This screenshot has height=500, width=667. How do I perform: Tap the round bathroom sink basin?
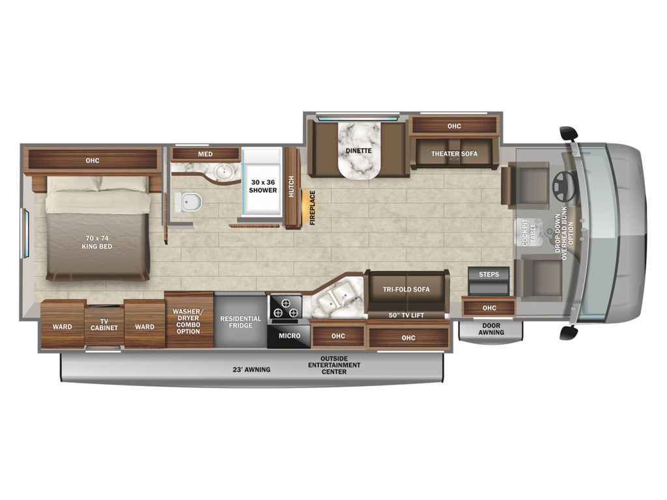[223, 172]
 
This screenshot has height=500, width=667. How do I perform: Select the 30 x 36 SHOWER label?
[263, 186]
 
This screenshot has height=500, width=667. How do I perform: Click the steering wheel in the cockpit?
[564, 187]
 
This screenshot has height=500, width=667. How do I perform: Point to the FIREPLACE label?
[313, 208]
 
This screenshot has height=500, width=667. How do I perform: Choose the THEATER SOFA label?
[454, 154]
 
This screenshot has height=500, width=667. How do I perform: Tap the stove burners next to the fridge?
[286, 308]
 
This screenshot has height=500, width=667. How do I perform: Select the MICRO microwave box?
[289, 336]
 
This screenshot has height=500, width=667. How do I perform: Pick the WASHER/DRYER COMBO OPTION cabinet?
[189, 320]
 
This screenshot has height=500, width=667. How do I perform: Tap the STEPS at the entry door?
[489, 281]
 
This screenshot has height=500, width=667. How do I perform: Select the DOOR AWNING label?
[491, 329]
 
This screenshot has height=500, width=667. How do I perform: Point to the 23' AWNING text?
[251, 370]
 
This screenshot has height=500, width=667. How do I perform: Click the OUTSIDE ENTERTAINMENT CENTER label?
[334, 365]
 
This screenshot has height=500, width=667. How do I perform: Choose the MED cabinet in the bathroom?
[205, 154]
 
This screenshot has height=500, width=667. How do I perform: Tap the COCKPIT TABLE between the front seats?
[528, 232]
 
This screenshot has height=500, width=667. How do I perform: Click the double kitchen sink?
[339, 299]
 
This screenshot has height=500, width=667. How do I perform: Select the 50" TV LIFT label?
[406, 316]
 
